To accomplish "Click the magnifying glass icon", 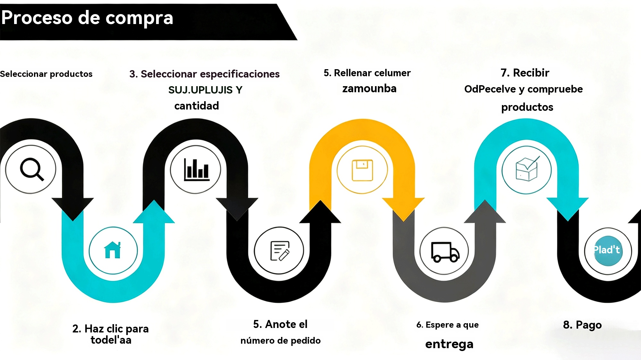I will coord(31,169).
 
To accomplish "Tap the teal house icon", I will coord(112,250).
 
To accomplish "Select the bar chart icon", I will coord(196,169).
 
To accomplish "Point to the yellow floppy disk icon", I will coord(362,170).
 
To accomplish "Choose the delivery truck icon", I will coord(445,252).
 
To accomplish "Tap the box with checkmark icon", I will coord(527,169).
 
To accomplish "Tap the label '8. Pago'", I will coord(582,325).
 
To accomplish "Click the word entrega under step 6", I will coord(449,344).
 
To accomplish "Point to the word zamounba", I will coord(369,88).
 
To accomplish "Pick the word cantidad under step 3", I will coord(196,106).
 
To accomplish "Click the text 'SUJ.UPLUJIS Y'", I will coord(205,90).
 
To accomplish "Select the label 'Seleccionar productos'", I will coord(46,74).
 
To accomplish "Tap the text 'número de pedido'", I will coord(280,340).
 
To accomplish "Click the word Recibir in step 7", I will coord(531,73).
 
